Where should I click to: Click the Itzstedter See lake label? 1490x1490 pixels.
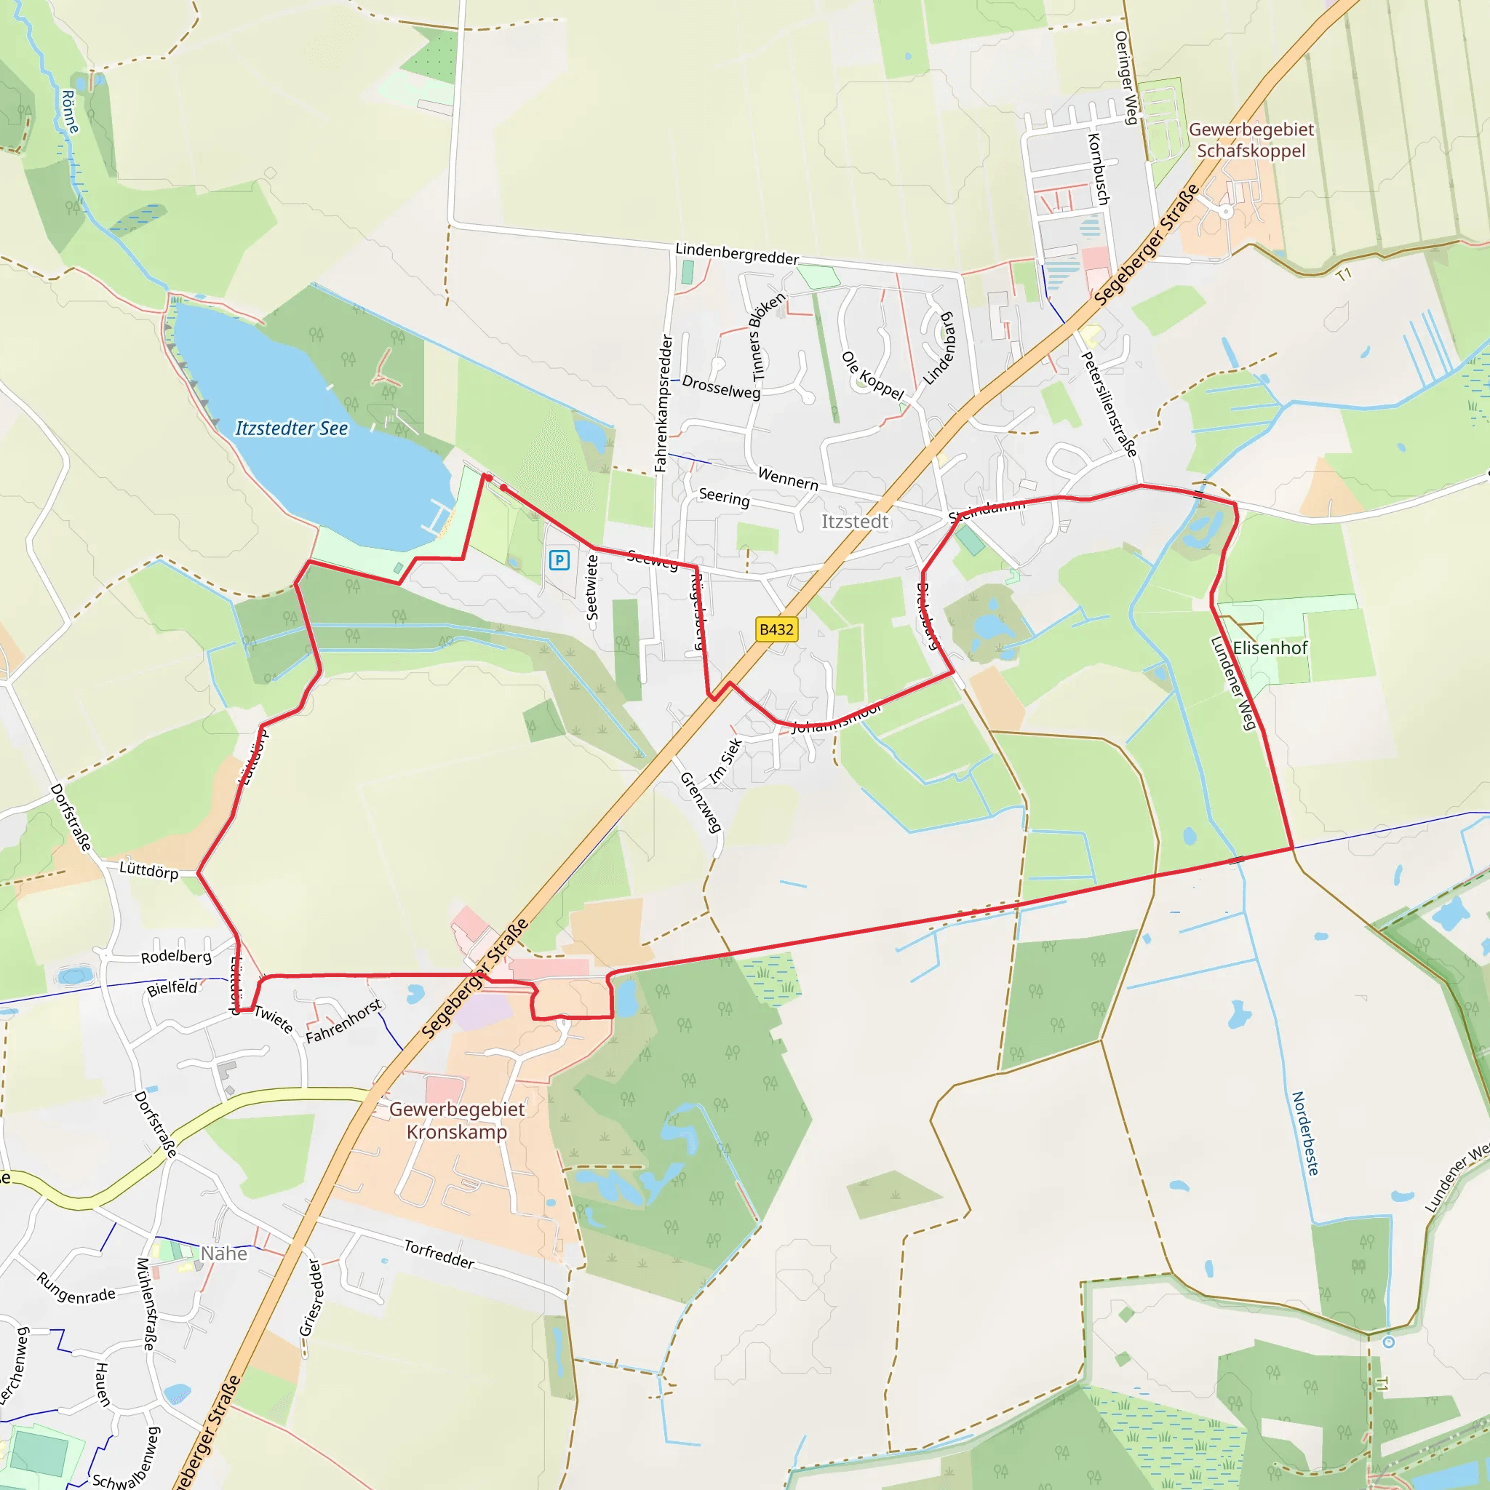[292, 428]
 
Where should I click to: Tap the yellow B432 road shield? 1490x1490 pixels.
[776, 629]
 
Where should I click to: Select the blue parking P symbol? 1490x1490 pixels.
[559, 560]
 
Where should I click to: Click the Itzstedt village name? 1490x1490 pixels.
[855, 522]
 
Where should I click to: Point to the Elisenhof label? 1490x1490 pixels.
[1270, 648]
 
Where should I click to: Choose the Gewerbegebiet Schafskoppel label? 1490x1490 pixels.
[1251, 140]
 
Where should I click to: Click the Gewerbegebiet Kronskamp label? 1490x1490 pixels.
[457, 1120]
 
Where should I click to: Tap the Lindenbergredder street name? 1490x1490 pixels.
[736, 253]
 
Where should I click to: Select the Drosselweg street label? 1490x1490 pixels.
[721, 387]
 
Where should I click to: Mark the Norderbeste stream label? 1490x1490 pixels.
[1305, 1134]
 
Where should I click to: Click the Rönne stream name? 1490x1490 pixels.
[69, 111]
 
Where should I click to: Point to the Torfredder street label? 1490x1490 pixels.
[439, 1254]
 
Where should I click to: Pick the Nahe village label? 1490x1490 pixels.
[223, 1254]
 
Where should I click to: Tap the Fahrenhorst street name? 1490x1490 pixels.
[343, 1021]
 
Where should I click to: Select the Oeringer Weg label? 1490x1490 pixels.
[1126, 77]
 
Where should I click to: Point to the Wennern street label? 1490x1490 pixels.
[787, 478]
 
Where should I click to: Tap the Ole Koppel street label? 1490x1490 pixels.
[872, 375]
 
